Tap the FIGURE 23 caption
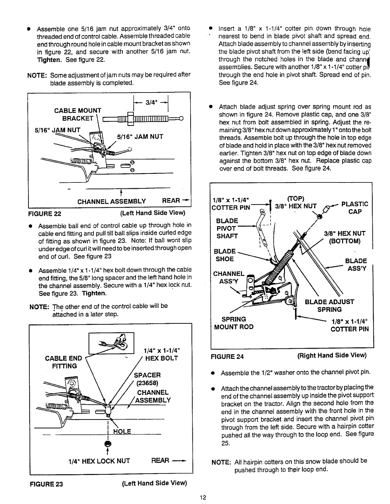tap(46, 484)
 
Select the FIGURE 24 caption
tap(227, 356)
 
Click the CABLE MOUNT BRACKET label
tap(78, 115)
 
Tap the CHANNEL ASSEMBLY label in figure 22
tap(112, 201)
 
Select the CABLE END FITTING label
tap(64, 362)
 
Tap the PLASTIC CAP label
tap(355, 207)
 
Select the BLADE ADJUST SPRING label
tap(329, 306)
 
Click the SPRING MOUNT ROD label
tap(234, 323)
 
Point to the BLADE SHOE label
tap(225, 255)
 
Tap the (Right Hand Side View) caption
tap(332, 355)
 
